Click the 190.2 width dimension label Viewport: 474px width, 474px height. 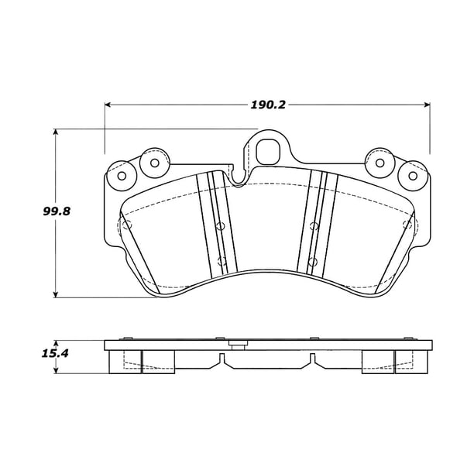(x=268, y=105)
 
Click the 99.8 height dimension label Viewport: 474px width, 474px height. (x=57, y=211)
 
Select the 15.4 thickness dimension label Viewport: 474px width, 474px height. (x=55, y=353)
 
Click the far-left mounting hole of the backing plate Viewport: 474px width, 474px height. (x=122, y=176)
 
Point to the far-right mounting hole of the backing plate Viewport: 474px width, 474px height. (x=413, y=176)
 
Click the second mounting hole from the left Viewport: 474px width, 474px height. (x=154, y=163)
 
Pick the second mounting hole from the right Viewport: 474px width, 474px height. (x=380, y=163)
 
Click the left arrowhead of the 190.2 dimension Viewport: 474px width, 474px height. (x=107, y=105)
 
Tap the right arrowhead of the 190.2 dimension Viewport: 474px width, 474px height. (x=428, y=105)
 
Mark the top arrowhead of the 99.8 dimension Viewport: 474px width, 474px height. (x=55, y=132)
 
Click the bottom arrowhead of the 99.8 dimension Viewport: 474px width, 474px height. (x=55, y=295)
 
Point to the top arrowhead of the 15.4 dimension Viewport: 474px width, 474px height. (x=55, y=343)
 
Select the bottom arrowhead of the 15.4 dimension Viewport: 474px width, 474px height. (x=55, y=371)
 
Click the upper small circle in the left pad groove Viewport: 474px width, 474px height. (x=220, y=225)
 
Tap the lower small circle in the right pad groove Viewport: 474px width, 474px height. (x=313, y=262)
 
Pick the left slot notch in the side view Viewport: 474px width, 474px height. (x=222, y=359)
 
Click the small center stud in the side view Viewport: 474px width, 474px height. (x=237, y=345)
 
